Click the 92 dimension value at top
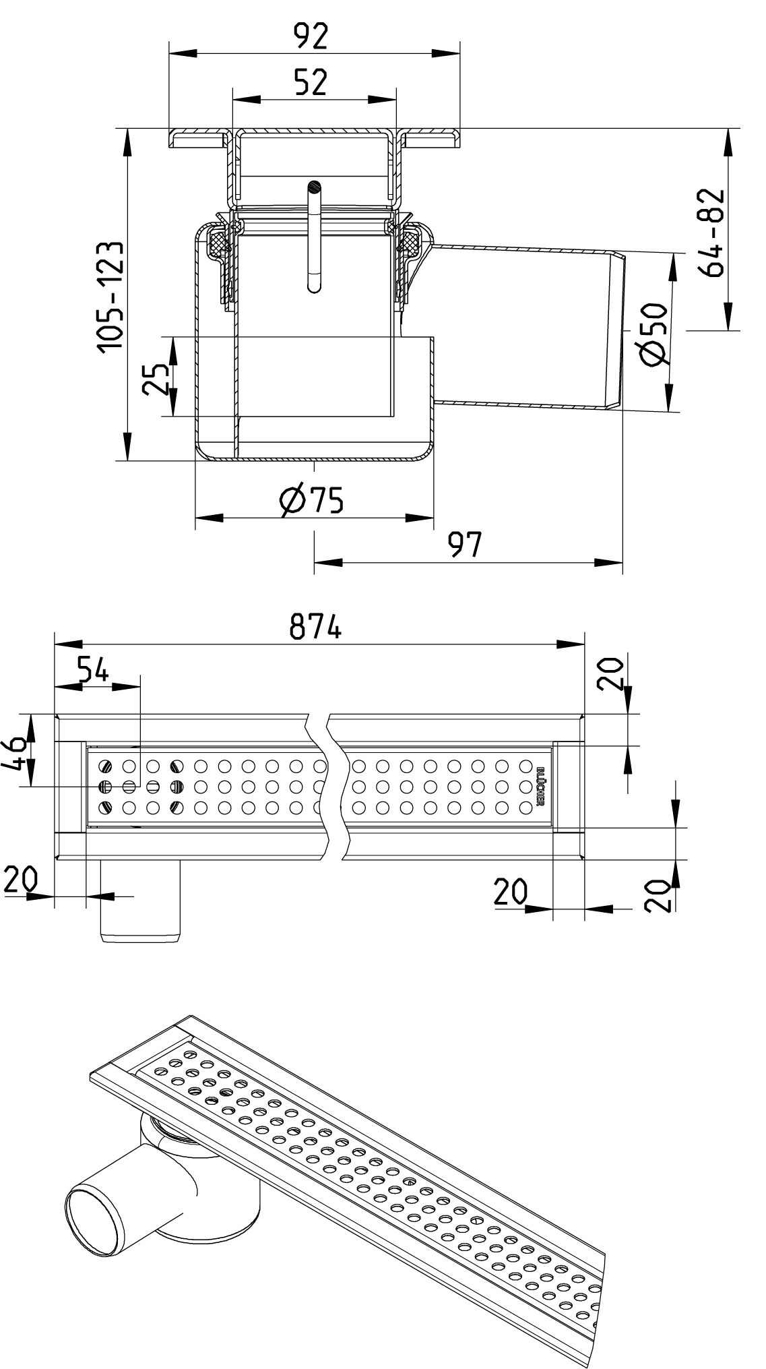(311, 36)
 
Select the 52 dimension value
(311, 82)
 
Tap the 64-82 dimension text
(711, 233)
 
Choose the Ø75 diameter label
(311, 500)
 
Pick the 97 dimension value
(466, 545)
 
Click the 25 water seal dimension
(156, 379)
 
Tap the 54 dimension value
(92, 671)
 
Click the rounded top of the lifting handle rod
(313, 185)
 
